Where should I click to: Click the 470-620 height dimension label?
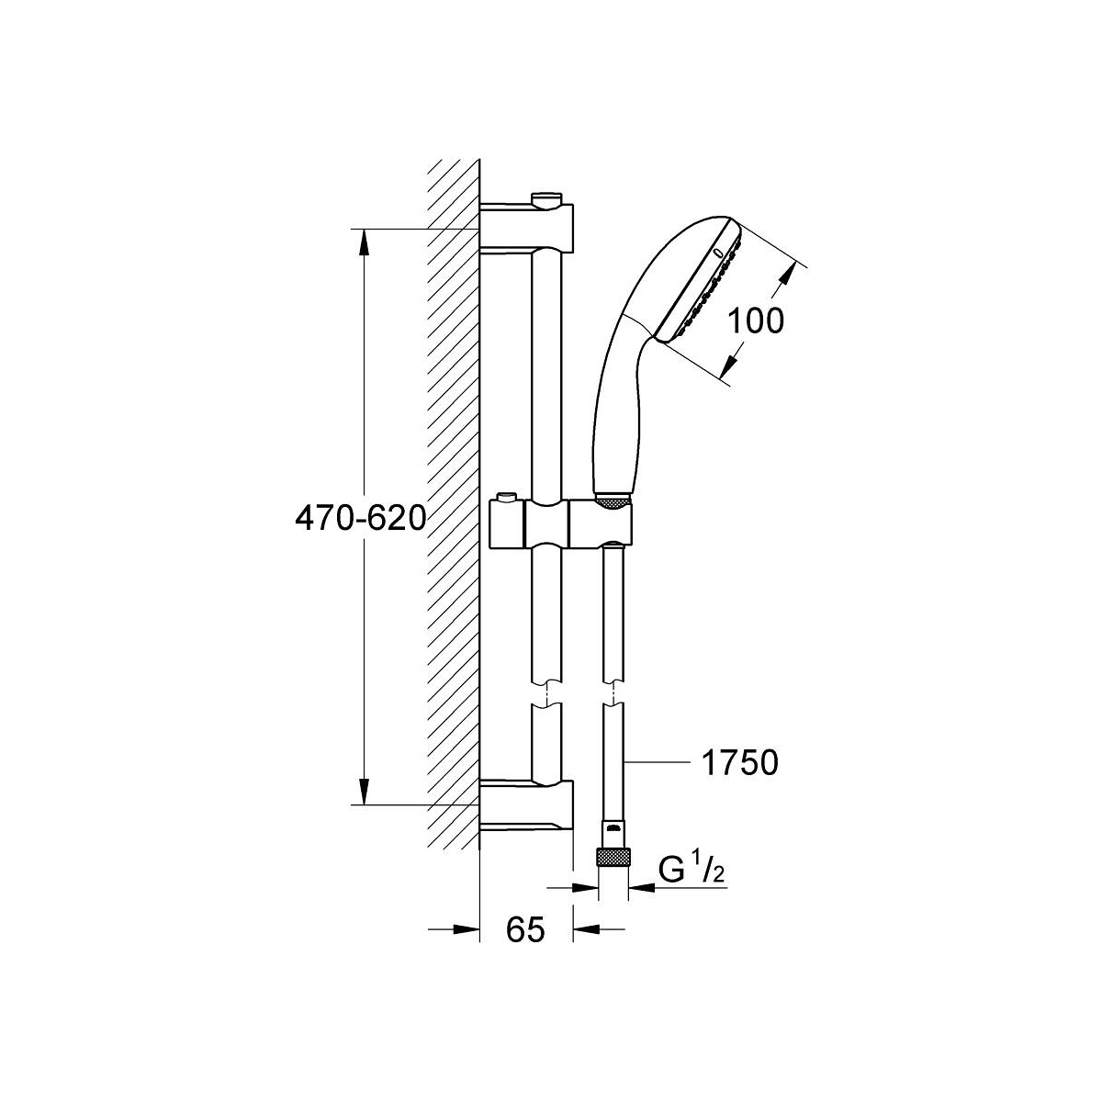361,519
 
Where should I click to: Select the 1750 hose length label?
740,762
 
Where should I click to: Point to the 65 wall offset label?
525,929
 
